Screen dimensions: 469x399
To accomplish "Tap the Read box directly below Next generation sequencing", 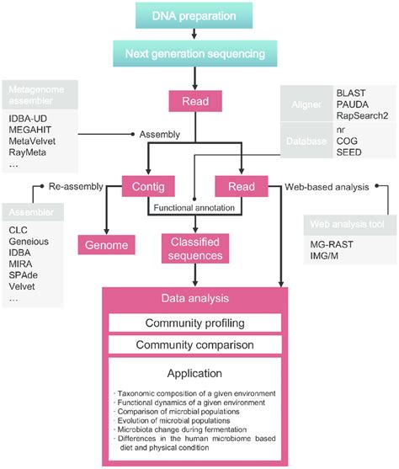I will (194, 100).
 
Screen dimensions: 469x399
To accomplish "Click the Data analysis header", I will (194, 298).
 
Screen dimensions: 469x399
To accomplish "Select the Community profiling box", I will (194, 324).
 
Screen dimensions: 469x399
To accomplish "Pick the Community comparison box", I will (194, 345).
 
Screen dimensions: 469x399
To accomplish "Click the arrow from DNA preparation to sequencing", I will (194, 35).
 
